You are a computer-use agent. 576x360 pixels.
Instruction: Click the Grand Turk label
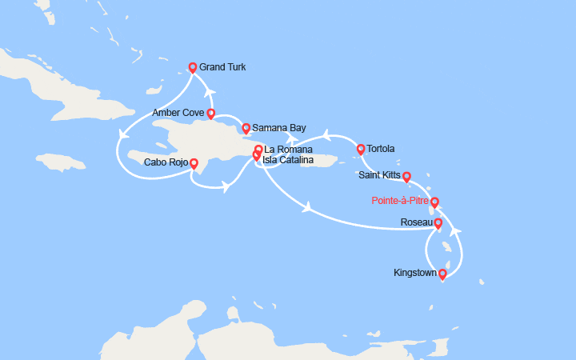pos(222,67)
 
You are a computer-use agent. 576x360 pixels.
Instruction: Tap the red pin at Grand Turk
pos(192,68)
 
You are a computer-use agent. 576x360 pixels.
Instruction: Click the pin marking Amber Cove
pos(210,114)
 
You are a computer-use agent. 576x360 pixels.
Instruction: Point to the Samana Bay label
pos(278,127)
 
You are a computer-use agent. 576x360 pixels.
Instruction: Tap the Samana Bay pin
pos(246,127)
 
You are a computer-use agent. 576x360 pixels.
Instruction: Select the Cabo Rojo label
pos(166,162)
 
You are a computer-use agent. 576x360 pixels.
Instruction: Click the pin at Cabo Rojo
pos(194,163)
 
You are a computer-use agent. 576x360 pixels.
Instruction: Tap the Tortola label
pos(381,149)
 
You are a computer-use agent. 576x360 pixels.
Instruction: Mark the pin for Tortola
pos(361,149)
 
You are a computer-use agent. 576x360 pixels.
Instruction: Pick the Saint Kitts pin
pos(406,177)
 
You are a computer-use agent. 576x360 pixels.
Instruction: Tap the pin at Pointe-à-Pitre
pos(434,202)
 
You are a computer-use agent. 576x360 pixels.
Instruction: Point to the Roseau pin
pos(438,223)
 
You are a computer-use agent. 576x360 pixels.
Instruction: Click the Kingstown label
pos(416,273)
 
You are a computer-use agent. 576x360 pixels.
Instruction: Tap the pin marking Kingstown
pos(442,274)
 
